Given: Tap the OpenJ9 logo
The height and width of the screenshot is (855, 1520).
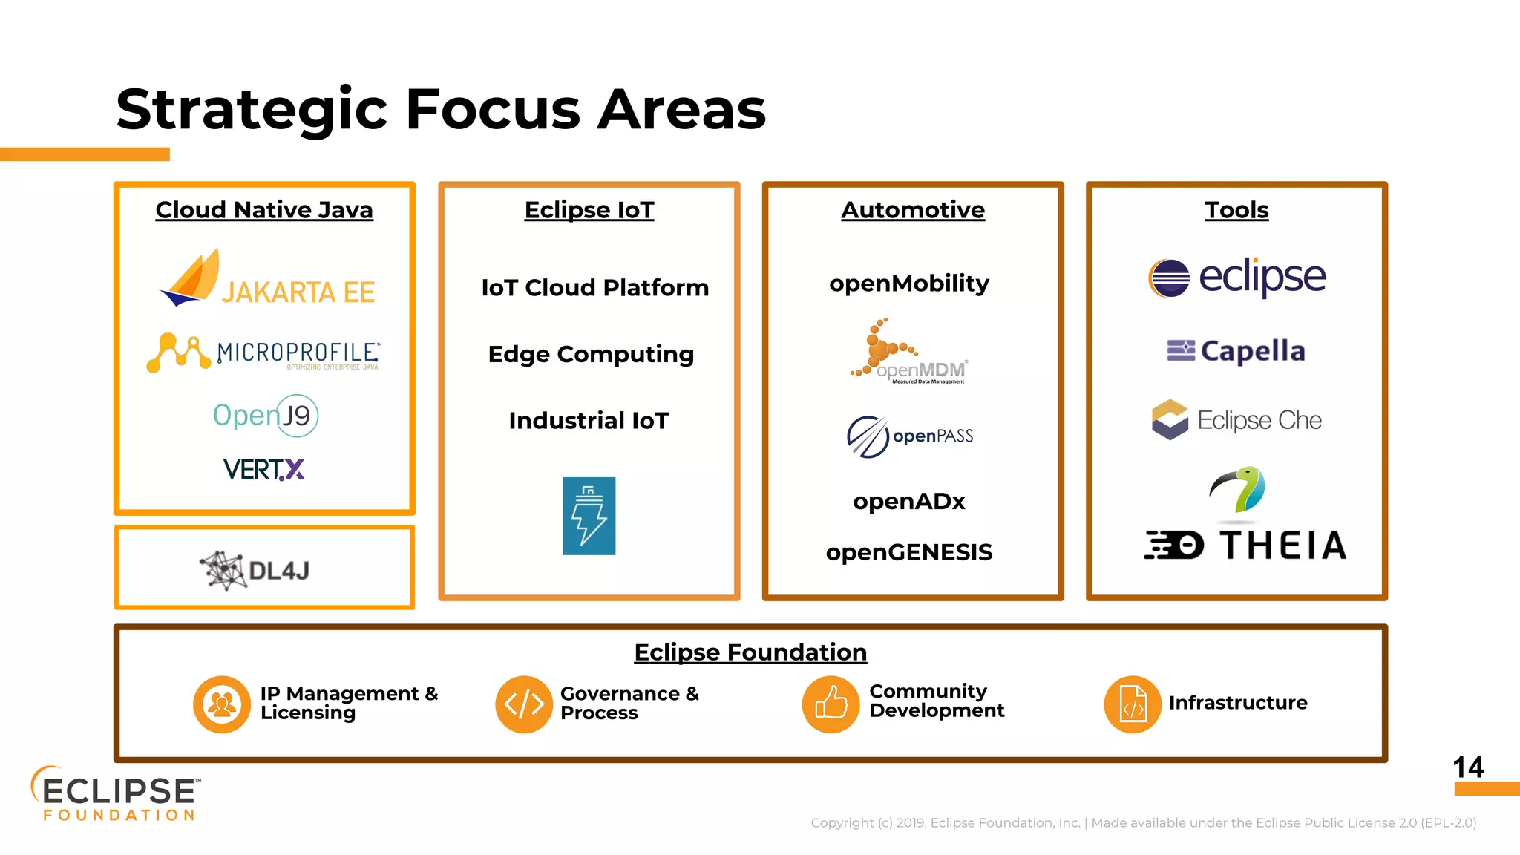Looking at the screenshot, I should point(265,416).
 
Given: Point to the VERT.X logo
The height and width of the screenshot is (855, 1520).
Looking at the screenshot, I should point(263,469).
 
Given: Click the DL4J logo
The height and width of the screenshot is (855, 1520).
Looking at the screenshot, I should point(255,570).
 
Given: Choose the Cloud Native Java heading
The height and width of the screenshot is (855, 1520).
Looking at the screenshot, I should point(264,210).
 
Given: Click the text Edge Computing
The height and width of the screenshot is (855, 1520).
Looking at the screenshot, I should point(591,354).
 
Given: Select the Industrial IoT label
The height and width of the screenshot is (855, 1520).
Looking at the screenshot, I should point(589,421).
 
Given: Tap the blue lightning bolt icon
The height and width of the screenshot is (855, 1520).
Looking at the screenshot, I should point(589,516).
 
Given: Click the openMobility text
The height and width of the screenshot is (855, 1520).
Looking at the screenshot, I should point(909,284).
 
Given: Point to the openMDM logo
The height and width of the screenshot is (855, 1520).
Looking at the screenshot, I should point(910,353).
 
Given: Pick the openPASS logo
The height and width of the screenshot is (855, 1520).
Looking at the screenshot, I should point(910,436).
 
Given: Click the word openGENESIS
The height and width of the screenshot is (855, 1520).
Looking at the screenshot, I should point(909,552).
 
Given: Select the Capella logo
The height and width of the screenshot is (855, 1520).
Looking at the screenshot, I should point(1236,351).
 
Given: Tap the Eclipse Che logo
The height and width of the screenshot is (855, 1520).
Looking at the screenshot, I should point(1236,420).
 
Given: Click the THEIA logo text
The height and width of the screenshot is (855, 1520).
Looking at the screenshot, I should point(1283,546).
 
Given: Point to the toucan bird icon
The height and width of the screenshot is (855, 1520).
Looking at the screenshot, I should point(1237,490).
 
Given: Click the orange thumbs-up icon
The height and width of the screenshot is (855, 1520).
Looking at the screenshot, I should point(831,704).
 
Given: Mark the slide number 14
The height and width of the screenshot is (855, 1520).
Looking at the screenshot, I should point(1468,767).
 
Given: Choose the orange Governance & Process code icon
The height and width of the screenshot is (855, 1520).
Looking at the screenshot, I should point(524,704).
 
